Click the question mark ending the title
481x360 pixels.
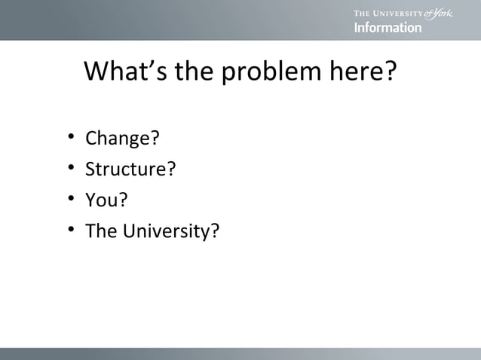391,72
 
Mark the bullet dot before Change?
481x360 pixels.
69,138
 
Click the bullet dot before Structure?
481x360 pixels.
69,168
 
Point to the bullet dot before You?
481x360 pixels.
69,199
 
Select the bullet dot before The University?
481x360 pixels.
69,230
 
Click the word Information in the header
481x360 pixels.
388,28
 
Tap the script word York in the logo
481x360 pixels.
441,13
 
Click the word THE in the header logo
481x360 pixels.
363,14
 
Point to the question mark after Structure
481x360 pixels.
171,169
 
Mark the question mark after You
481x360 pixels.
123,200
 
